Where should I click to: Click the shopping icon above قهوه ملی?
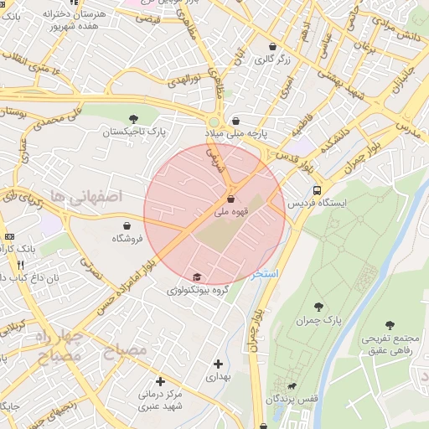(230, 199)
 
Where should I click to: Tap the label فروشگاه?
(127, 239)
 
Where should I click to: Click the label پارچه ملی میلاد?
(237, 134)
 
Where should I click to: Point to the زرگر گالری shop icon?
(272, 47)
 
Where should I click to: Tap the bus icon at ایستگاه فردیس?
(316, 190)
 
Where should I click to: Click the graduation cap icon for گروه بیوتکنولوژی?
(197, 277)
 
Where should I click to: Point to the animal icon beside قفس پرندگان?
(291, 386)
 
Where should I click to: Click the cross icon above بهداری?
(218, 364)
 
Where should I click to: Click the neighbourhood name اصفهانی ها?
(85, 195)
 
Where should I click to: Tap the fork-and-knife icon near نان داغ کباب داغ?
(20, 264)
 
